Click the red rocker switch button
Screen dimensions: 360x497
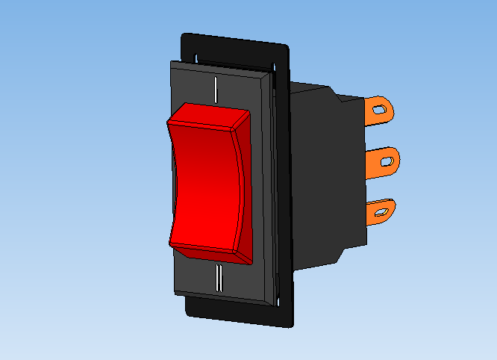[205, 183]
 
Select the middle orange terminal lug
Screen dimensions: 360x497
[384, 159]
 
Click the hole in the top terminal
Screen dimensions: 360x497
[381, 111]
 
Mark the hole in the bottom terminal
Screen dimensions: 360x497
[384, 211]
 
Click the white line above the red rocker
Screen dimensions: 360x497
[216, 89]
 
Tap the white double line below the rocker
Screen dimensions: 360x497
[219, 277]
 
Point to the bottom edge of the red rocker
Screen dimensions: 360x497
[209, 253]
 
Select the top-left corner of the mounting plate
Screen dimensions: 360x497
[184, 34]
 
